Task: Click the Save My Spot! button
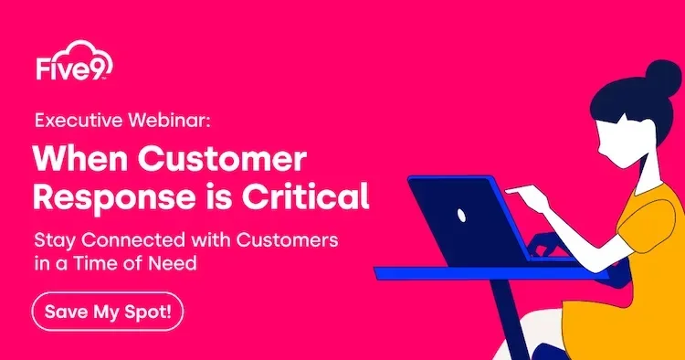(109, 312)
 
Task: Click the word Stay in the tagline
(50, 241)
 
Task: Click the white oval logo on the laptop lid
(461, 217)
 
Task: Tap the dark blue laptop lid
(466, 219)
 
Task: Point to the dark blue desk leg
(511, 320)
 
